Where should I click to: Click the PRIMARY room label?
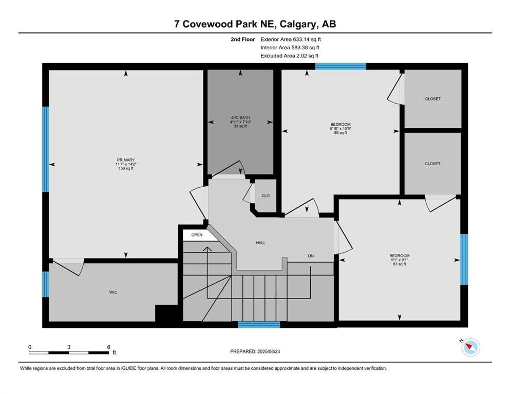126,160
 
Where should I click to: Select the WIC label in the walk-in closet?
113,292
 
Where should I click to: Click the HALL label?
260,243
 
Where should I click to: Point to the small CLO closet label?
266,195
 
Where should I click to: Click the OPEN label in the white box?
197,235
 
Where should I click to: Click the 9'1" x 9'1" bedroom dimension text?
399,260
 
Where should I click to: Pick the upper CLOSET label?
432,98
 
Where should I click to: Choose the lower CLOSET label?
432,164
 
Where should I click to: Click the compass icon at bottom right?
470,347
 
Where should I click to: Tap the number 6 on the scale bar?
108,346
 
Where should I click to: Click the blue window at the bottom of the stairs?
259,324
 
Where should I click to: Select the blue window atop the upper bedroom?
340,66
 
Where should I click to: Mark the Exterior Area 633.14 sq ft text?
291,39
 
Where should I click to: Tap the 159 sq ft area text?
126,168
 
